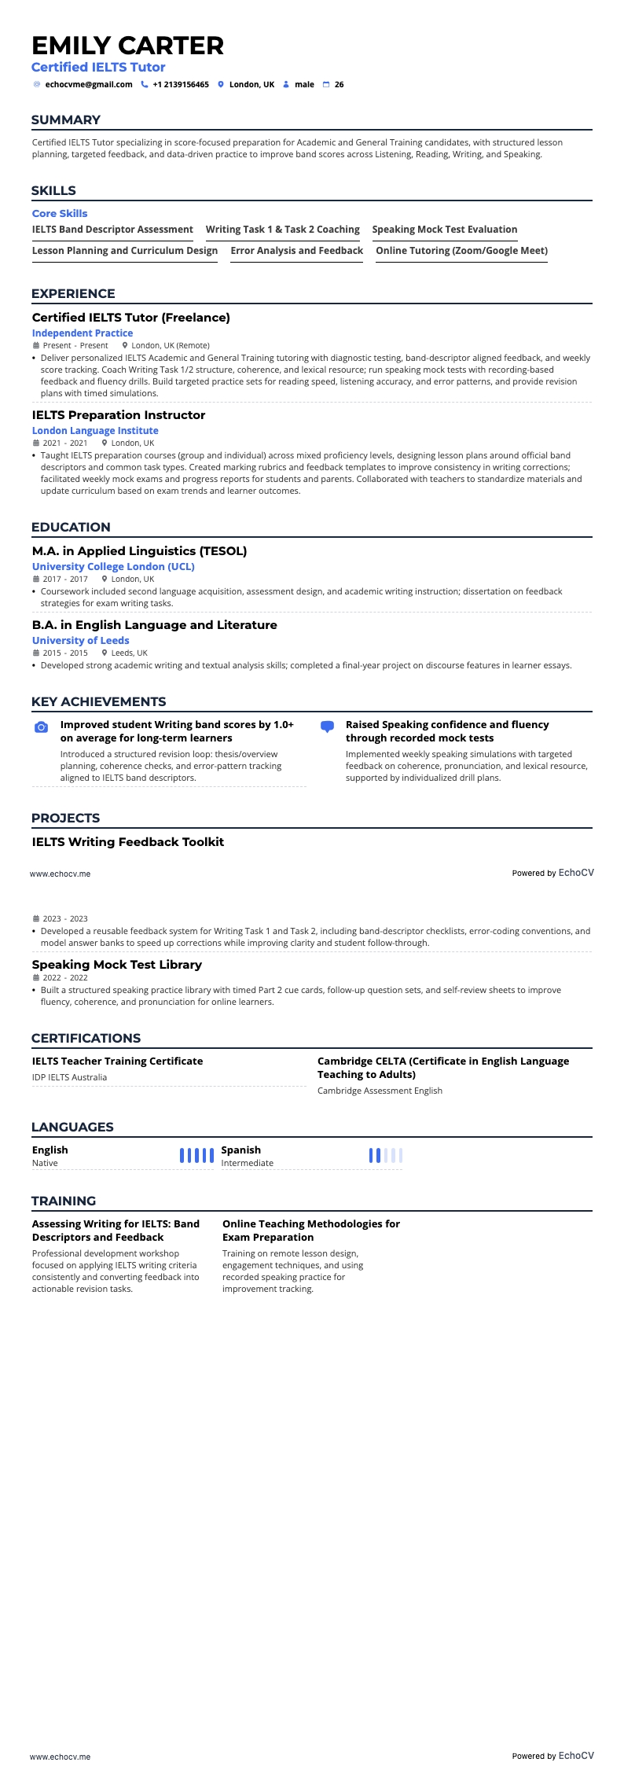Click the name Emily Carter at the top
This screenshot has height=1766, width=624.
[128, 46]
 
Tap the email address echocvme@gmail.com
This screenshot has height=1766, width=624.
[89, 84]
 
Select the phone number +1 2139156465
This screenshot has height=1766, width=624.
[181, 84]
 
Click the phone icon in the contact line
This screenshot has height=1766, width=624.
[145, 84]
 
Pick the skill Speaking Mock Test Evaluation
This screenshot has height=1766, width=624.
[445, 230]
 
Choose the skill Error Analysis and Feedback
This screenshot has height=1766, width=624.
[296, 251]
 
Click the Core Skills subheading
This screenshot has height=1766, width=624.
[60, 214]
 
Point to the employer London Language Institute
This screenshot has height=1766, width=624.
[95, 431]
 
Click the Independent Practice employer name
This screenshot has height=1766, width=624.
[83, 333]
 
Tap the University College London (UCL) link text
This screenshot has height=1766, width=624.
[113, 567]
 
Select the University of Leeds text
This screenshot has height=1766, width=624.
[80, 641]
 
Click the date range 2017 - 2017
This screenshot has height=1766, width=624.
[65, 579]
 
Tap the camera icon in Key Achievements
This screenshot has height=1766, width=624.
[42, 727]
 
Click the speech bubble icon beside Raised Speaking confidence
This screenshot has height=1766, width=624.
[328, 727]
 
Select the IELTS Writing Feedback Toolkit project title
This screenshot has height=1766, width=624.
[128, 842]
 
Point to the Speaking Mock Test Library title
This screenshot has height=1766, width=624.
[117, 965]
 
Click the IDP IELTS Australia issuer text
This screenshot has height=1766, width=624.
[69, 1077]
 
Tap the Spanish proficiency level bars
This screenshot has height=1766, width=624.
[386, 1155]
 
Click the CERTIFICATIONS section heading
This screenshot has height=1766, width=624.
[86, 1038]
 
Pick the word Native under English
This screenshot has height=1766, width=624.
[45, 1163]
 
